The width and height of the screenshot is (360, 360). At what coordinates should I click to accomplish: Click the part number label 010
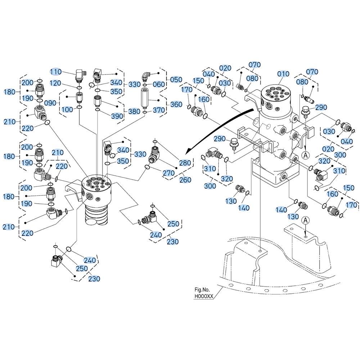(x=283, y=74)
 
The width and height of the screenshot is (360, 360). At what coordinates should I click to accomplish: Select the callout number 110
(x=56, y=72)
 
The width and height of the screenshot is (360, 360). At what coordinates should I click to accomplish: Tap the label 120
(x=55, y=83)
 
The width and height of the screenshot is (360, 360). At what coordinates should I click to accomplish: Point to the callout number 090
(x=50, y=103)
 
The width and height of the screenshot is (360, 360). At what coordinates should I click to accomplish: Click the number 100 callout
(x=67, y=109)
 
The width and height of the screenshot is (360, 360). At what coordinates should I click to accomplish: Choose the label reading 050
(x=176, y=80)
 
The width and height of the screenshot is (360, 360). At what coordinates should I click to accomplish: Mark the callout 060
(x=159, y=84)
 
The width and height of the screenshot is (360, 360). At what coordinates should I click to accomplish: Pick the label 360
(x=176, y=104)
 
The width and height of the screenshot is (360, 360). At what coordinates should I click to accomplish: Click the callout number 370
(x=159, y=110)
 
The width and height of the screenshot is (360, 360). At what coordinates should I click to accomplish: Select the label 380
(x=134, y=111)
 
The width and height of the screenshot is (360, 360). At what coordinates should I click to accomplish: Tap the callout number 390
(x=117, y=116)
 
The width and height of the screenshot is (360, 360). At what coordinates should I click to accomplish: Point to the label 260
(x=185, y=180)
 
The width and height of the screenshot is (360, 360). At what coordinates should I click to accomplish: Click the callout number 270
(x=169, y=173)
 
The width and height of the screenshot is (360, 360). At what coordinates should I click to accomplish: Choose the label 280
(x=185, y=163)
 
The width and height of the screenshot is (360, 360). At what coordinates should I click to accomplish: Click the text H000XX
(x=204, y=296)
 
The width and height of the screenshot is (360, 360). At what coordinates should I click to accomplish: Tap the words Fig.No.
(x=202, y=290)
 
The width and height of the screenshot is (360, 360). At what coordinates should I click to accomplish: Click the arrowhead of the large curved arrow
(x=189, y=152)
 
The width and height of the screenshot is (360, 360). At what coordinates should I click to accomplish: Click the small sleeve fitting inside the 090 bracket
(x=79, y=98)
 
